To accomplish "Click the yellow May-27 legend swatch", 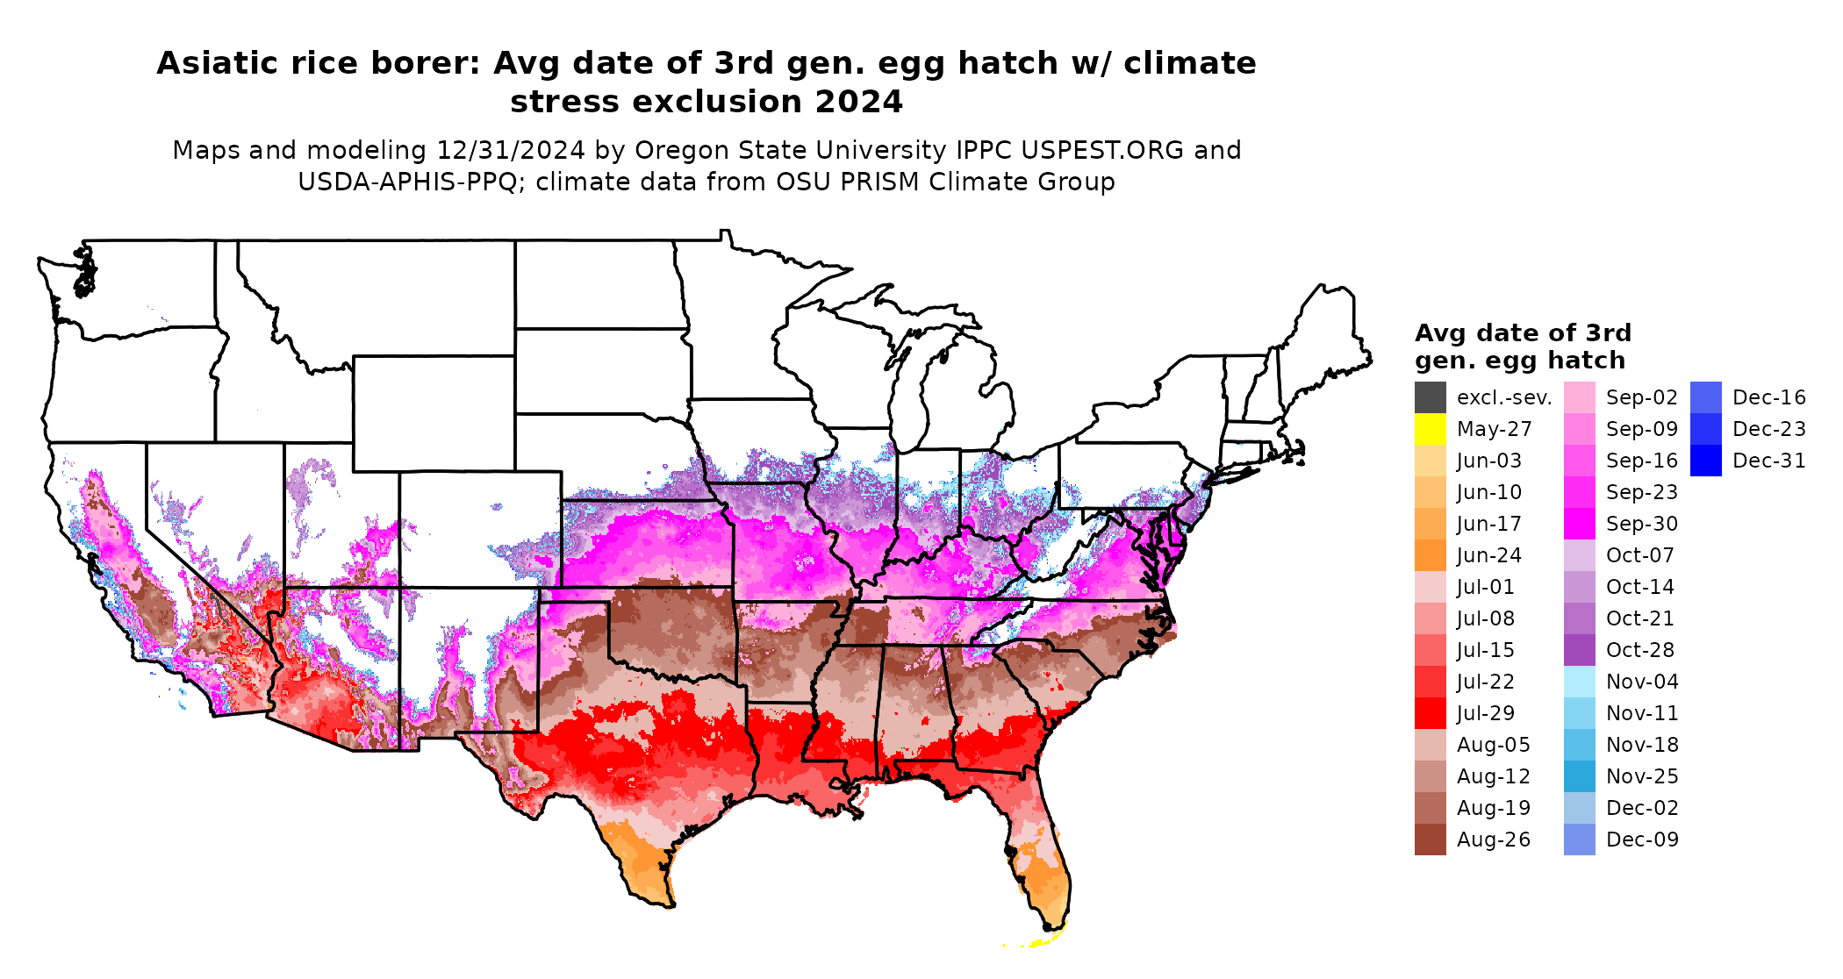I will pyautogui.click(x=1430, y=429).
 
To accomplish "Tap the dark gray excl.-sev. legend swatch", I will pyautogui.click(x=1430, y=397).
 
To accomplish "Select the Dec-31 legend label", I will pyautogui.click(x=1768, y=461).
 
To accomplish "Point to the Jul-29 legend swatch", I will pyautogui.click(x=1430, y=713).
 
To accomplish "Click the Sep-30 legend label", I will pyautogui.click(x=1641, y=524).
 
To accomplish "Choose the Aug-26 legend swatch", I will pyautogui.click(x=1430, y=840).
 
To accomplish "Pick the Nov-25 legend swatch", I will pyautogui.click(x=1579, y=776).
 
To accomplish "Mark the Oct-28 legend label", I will pyautogui.click(x=1639, y=650).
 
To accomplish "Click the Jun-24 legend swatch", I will pyautogui.click(x=1430, y=555).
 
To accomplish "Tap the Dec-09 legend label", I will pyautogui.click(x=1641, y=840).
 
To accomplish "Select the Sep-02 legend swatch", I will pyautogui.click(x=1579, y=397).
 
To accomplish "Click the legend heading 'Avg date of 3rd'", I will pyautogui.click(x=1523, y=333).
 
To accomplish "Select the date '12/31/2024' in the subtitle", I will pyautogui.click(x=510, y=150).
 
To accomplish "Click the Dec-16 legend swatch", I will pyautogui.click(x=1705, y=397).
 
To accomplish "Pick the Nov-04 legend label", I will pyautogui.click(x=1641, y=682).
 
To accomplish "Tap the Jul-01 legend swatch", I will pyautogui.click(x=1430, y=587).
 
